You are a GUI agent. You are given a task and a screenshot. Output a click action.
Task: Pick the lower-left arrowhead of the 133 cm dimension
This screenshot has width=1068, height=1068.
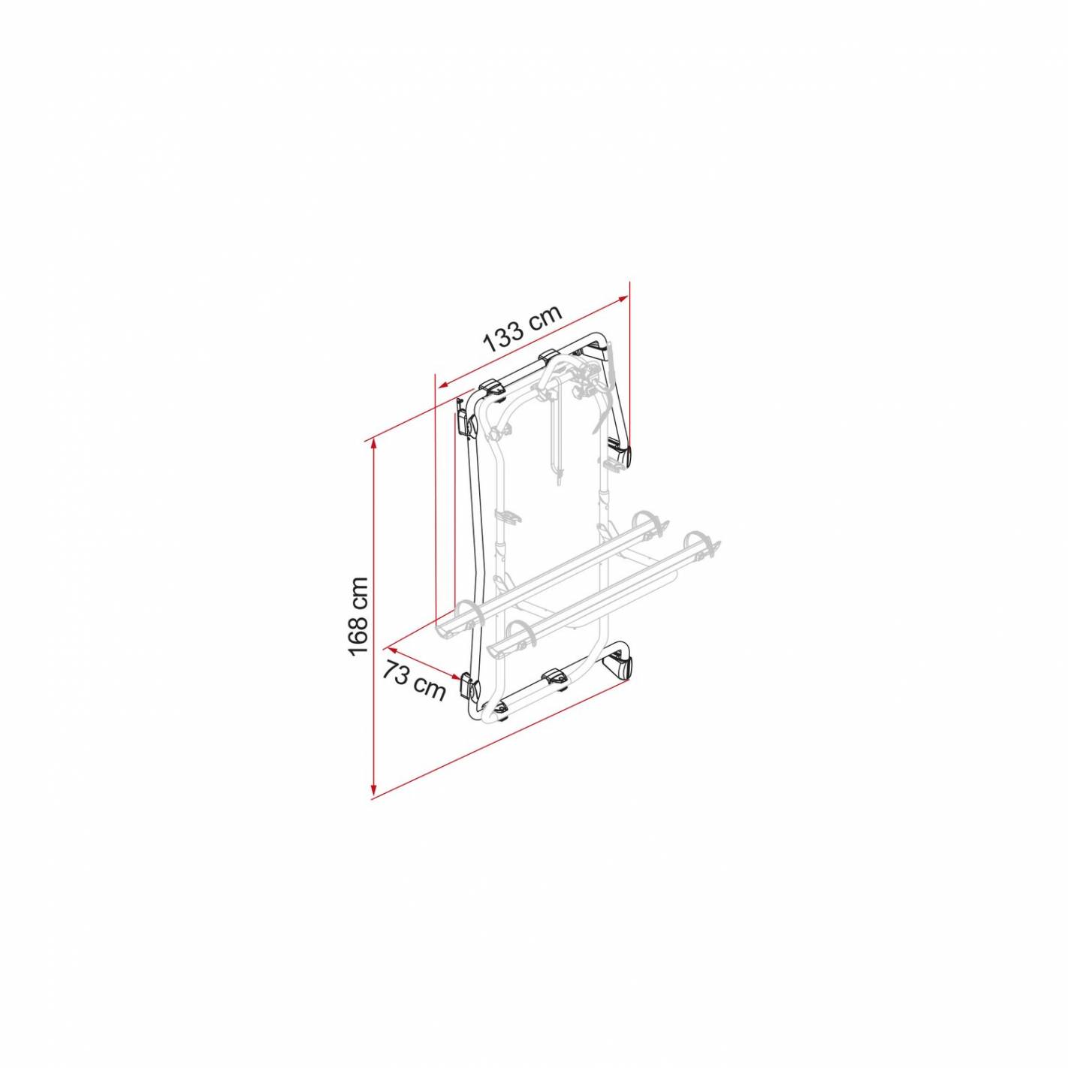[442, 384]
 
